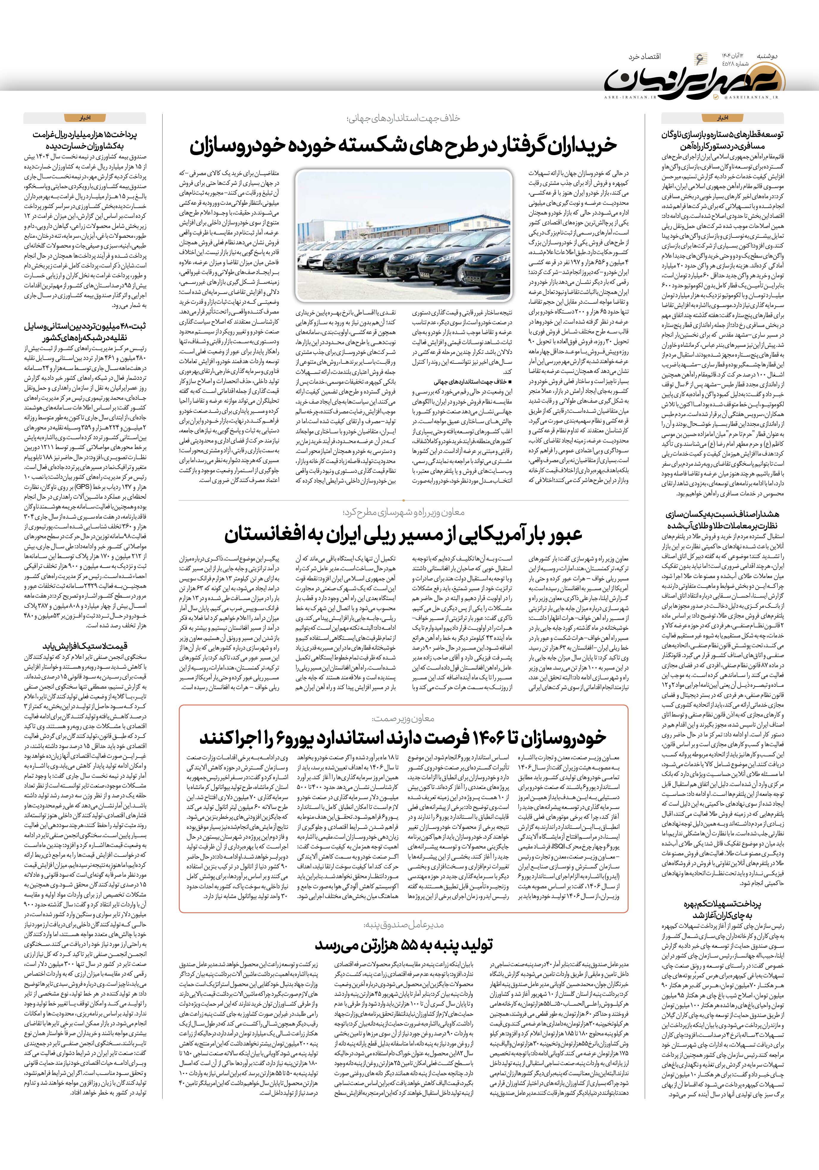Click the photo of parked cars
coord(404,235)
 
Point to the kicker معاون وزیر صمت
coord(403,719)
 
